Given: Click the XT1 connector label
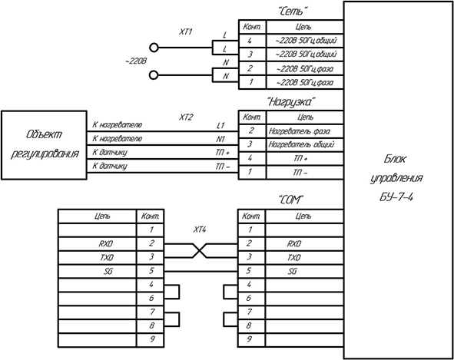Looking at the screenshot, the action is (x=185, y=31).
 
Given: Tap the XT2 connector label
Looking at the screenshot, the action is (x=186, y=117).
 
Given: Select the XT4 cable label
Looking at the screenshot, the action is (x=200, y=230).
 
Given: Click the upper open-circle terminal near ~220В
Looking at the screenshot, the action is (x=154, y=48).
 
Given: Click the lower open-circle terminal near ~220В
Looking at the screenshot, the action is (x=154, y=75).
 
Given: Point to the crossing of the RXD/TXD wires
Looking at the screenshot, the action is (x=200, y=250).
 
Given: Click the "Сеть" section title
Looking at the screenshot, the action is (x=292, y=12).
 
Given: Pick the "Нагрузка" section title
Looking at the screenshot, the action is (x=290, y=102).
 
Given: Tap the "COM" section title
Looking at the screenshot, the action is (x=290, y=200).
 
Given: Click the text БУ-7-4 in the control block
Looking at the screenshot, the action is (x=396, y=197).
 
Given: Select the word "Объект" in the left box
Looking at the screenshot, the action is (x=44, y=135).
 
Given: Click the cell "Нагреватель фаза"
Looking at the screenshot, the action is (x=300, y=131).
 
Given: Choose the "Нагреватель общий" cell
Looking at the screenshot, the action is (x=302, y=144).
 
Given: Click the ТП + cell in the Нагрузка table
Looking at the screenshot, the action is (x=300, y=159).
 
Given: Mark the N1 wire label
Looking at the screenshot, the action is (x=220, y=139).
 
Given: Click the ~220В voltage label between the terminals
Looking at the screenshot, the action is (x=136, y=61).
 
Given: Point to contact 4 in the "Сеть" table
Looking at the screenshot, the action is (x=250, y=41).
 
